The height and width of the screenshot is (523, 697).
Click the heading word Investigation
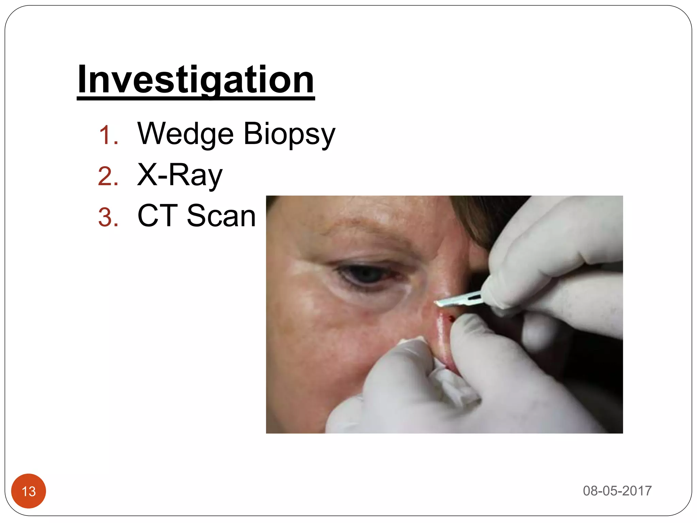[x=196, y=80]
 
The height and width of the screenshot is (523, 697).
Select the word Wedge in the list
[x=185, y=134]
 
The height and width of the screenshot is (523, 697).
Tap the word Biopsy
[x=289, y=134]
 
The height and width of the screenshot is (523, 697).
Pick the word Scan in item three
[x=221, y=216]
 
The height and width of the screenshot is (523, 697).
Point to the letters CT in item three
[x=158, y=216]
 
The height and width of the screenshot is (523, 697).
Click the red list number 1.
[x=108, y=136]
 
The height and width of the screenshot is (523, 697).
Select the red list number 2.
[x=108, y=176]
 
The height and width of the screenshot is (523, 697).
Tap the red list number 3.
[x=108, y=218]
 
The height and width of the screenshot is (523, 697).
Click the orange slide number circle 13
[x=29, y=491]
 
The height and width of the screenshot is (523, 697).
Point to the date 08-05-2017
[x=617, y=491]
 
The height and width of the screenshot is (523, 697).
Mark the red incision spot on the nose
[x=451, y=319]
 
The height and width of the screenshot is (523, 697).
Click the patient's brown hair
[x=483, y=218]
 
